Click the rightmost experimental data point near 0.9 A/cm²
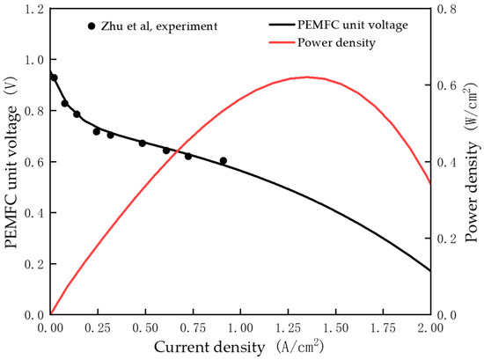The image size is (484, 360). click(223, 161)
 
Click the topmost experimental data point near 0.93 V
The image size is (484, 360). click(55, 77)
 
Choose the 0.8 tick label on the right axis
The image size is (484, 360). click(449, 10)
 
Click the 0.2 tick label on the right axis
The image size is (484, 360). click(449, 239)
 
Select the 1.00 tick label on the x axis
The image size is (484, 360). click(240, 328)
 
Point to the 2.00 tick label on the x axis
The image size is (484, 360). click(430, 328)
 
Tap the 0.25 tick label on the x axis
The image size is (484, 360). click(98, 328)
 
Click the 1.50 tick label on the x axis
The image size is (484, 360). click(335, 328)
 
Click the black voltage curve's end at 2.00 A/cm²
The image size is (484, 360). click(430, 270)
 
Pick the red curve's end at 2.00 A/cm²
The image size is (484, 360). click(430, 184)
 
